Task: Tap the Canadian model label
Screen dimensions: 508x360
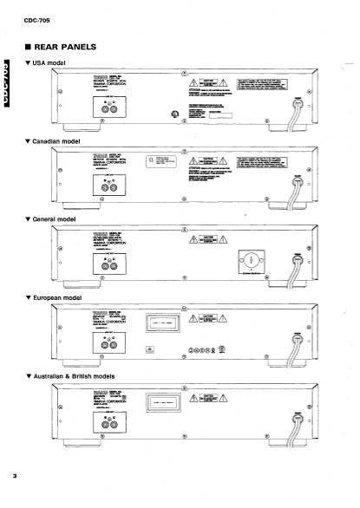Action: [62, 140]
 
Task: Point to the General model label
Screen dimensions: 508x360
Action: [59, 218]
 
